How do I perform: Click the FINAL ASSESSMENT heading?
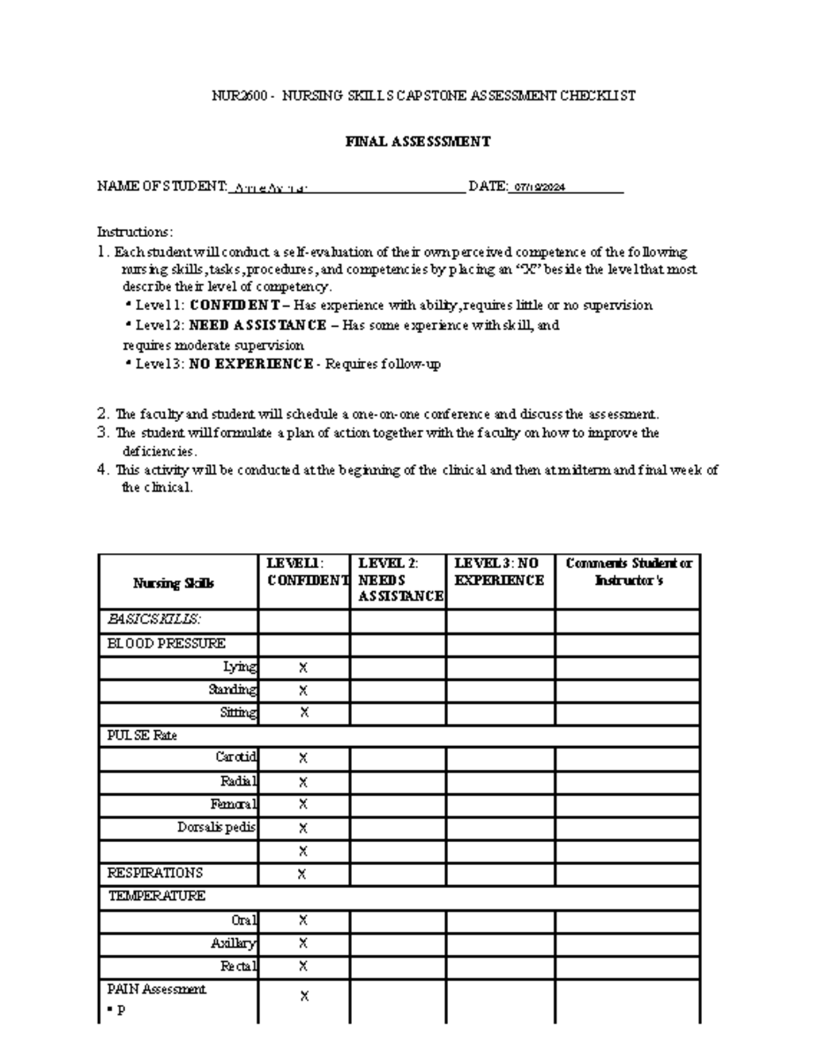pos(418,142)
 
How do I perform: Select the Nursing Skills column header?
pos(173,583)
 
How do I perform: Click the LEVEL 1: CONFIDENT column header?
pos(304,572)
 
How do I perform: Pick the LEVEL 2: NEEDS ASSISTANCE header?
pos(399,579)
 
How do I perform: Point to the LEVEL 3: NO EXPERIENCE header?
pos(499,572)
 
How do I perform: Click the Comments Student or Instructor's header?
pos(628,572)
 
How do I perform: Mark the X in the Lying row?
pos(303,668)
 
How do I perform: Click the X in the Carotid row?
pos(303,758)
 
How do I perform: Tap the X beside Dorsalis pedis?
pos(303,828)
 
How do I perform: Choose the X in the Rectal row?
pos(303,966)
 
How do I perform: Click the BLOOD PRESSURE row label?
pos(166,644)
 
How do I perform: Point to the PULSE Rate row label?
pos(142,735)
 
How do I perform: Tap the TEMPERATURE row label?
pos(157,896)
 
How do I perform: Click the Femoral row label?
pos(233,805)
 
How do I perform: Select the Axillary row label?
pos(233,944)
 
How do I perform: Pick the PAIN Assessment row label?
pos(157,989)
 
